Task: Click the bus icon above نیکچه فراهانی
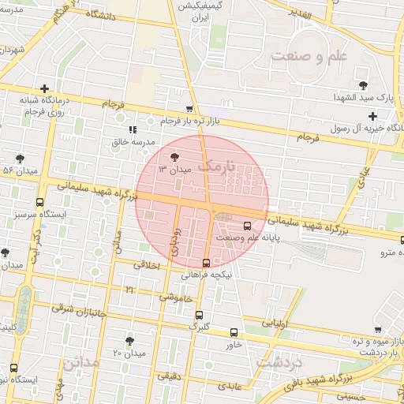tap(206, 263)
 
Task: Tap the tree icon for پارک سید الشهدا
tap(363, 84)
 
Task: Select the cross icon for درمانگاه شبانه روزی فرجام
tap(45, 88)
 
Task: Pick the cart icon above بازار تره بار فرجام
tap(189, 110)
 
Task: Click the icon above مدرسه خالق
tap(132, 129)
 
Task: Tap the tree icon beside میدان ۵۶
tap(19, 158)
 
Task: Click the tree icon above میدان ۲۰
tap(129, 340)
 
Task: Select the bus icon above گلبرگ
tap(199, 313)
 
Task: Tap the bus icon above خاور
tap(234, 332)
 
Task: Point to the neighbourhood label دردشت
tap(280, 364)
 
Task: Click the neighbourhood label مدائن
tap(81, 362)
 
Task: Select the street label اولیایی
tap(275, 324)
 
